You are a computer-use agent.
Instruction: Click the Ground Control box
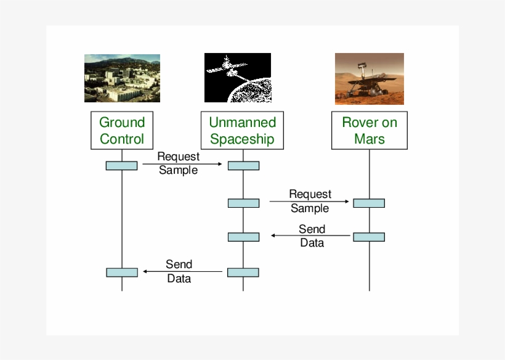[x=122, y=130]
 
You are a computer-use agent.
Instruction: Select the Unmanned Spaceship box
[x=242, y=130]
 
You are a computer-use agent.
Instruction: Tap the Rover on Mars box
[x=370, y=130]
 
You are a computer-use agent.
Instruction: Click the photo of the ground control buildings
[x=122, y=78]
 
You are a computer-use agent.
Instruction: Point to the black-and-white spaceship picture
[x=238, y=78]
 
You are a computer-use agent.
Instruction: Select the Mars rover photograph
[x=370, y=78]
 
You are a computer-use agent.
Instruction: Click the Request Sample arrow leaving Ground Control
[x=182, y=164]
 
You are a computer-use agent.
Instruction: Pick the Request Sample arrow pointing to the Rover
[x=309, y=202]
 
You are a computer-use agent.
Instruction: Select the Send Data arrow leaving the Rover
[x=312, y=235]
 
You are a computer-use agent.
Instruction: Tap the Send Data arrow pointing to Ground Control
[x=182, y=271]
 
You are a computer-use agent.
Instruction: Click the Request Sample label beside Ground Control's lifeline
[x=179, y=163]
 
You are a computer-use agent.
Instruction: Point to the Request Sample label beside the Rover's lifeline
[x=310, y=202]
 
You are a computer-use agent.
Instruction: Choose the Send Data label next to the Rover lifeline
[x=312, y=235]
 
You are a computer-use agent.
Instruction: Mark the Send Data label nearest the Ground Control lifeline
[x=179, y=271]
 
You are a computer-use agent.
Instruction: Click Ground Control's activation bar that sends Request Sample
[x=121, y=165]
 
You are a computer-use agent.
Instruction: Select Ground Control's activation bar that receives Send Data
[x=121, y=272]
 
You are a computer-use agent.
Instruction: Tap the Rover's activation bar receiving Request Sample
[x=369, y=203]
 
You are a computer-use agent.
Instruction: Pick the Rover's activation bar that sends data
[x=369, y=237]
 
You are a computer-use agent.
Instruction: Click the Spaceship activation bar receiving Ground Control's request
[x=243, y=165]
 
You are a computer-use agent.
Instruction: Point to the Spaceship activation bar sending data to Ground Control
[x=243, y=272]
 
